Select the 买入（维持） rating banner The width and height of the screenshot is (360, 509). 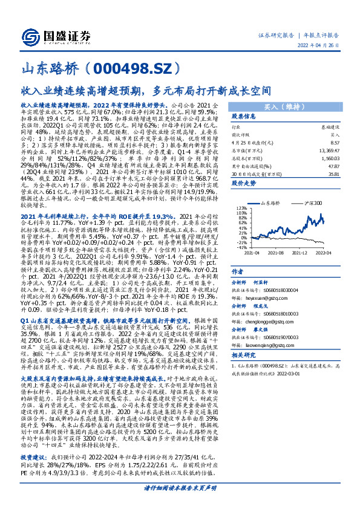coord(291,106)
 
